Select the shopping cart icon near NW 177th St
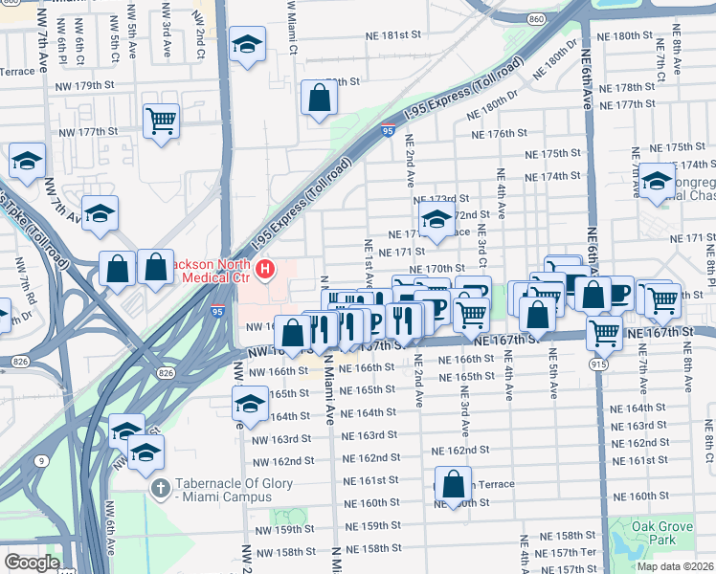pos(161,121)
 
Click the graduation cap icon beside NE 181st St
pos(248,44)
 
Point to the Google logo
pos(32,563)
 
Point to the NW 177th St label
pos(87,131)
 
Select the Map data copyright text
pos(674,566)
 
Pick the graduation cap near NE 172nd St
pos(436,219)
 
